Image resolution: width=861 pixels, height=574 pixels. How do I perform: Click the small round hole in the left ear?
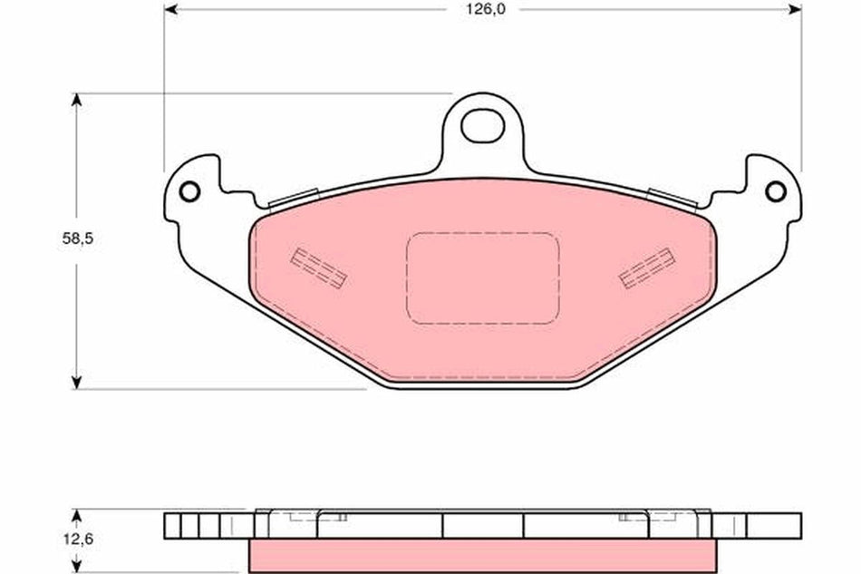189,192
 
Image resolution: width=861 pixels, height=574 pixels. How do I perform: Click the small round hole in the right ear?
775,192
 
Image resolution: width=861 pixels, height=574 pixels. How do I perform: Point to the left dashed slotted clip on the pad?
319,268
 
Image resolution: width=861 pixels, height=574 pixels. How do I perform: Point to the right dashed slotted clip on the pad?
646,268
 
